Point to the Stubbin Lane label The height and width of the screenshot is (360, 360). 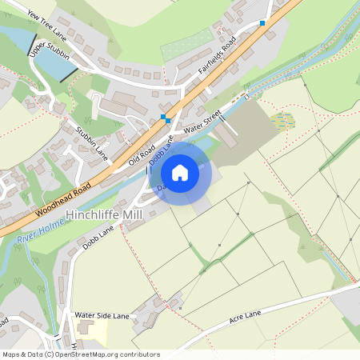pyautogui.click(x=91, y=138)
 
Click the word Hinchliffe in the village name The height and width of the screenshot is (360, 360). pyautogui.click(x=98, y=214)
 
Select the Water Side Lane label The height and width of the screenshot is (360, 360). pyautogui.click(x=102, y=315)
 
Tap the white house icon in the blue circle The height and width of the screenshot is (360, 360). pyautogui.click(x=180, y=173)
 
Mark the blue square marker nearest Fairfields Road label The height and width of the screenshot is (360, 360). pyautogui.click(x=262, y=23)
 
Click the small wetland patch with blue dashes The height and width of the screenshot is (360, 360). pyautogui.click(x=282, y=121)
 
